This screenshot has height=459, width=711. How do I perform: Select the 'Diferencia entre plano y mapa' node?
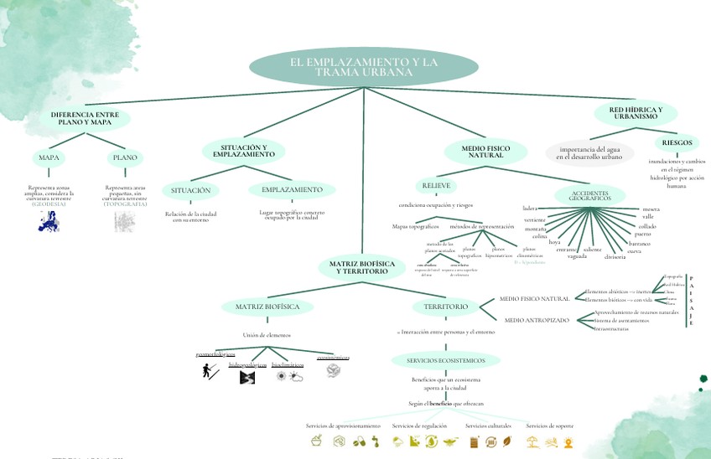(84, 118)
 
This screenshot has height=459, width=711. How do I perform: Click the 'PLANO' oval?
(125, 157)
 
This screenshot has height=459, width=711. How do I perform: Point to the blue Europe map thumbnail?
(49, 221)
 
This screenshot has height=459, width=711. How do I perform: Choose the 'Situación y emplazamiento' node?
(243, 151)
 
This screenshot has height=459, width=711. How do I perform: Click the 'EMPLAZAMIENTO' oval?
(291, 190)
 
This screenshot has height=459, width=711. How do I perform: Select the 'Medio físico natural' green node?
(485, 151)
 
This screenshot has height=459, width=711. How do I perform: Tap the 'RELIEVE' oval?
(435, 184)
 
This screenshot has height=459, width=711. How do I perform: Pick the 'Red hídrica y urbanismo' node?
(636, 113)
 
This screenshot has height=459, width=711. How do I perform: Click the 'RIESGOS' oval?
(677, 142)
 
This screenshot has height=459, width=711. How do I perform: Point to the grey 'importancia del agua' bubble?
(590, 152)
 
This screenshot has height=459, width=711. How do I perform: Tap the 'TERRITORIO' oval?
(445, 307)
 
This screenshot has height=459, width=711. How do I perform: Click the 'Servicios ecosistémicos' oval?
(445, 360)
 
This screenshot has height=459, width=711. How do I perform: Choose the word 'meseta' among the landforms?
(651, 209)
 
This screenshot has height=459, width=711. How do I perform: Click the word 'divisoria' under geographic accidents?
(615, 256)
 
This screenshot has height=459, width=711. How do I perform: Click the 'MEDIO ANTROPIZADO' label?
(537, 320)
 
